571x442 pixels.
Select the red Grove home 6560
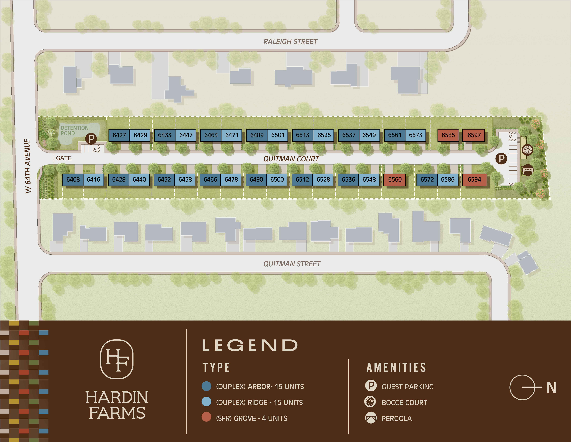pyautogui.click(x=395, y=180)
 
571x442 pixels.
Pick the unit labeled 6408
pyautogui.click(x=73, y=180)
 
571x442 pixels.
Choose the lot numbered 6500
pyautogui.click(x=277, y=180)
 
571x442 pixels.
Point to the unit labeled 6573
pyautogui.click(x=415, y=135)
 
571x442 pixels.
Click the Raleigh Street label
pyautogui.click(x=290, y=42)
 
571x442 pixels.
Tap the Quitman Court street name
pyautogui.click(x=291, y=159)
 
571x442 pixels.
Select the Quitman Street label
pyautogui.click(x=292, y=264)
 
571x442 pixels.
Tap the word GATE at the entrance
pyautogui.click(x=64, y=158)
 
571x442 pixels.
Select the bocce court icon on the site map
pyautogui.click(x=527, y=150)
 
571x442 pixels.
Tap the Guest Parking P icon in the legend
pyautogui.click(x=371, y=386)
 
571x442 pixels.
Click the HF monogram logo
pyautogui.click(x=117, y=359)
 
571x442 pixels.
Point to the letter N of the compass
pyautogui.click(x=551, y=388)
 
